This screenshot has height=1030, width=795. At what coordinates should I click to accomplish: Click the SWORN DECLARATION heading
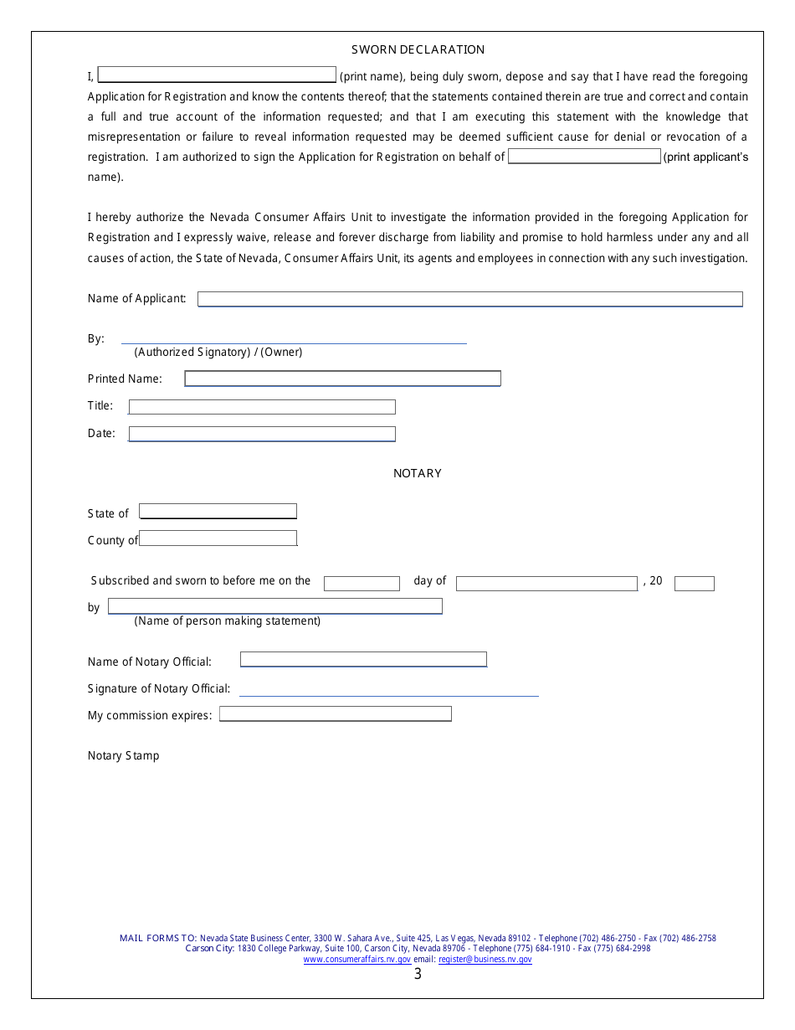coord(418,50)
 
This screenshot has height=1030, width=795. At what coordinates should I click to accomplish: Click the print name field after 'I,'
coord(217,75)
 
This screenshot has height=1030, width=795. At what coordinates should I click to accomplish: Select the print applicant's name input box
coord(584,157)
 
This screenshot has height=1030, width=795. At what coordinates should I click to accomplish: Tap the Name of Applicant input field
coord(469,299)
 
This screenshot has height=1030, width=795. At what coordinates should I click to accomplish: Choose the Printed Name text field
coord(342,379)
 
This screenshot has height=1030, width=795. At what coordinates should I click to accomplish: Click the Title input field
coord(261,407)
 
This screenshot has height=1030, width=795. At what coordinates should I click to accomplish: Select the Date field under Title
coord(261,434)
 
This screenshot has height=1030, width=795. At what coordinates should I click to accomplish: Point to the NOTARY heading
coord(418,474)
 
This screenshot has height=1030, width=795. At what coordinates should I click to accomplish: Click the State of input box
coord(218,511)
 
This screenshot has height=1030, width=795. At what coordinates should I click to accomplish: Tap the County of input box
coord(218,538)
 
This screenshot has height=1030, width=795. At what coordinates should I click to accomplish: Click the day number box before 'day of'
coord(362,584)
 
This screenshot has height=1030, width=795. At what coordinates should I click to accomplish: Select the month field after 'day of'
coord(546,584)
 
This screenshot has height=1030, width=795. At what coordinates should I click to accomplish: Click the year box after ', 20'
coord(694,584)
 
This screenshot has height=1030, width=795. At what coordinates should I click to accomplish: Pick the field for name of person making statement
coord(274,606)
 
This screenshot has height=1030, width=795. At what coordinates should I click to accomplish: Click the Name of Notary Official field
coord(363,660)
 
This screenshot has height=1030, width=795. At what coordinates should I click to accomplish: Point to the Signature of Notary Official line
coord(388,689)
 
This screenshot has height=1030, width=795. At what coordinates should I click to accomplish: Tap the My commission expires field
coord(335,714)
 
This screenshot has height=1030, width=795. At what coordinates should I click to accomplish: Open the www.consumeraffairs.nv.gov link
coord(356,960)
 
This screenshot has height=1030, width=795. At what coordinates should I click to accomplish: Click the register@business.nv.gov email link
coord(485,960)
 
